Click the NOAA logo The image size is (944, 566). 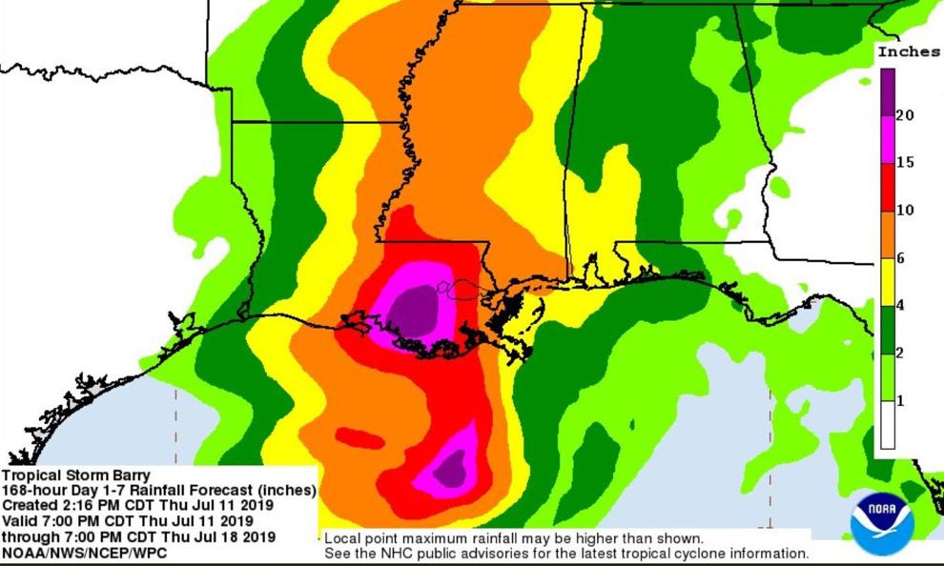tap(882, 522)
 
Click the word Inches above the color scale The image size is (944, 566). tap(908, 52)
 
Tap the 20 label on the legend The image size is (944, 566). tap(906, 115)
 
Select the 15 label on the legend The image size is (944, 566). tap(906, 163)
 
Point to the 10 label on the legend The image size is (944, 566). tap(906, 211)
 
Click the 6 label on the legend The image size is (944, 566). tap(900, 258)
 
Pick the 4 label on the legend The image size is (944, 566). tap(900, 306)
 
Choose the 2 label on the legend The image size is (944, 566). tap(900, 354)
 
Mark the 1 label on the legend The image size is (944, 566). tap(900, 401)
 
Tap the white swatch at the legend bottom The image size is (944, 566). tap(887, 425)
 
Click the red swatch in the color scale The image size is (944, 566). tap(887, 187)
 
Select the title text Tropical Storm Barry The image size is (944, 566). tap(75, 475)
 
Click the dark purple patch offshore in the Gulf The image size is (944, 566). tap(449, 468)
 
